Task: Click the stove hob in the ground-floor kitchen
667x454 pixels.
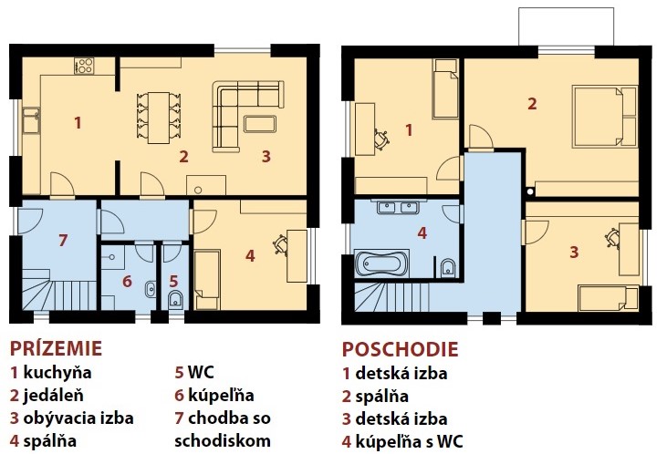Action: (84, 66)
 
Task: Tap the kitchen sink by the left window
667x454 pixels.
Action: (31, 120)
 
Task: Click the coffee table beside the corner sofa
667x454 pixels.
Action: (260, 124)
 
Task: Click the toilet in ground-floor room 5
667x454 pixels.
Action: (175, 299)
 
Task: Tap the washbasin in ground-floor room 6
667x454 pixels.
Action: (151, 289)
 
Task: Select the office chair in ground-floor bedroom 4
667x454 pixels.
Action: (281, 244)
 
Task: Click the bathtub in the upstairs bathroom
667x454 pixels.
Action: (381, 263)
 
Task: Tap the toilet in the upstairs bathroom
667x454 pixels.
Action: (448, 268)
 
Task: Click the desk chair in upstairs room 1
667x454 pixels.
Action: (381, 139)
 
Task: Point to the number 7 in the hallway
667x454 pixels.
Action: (63, 240)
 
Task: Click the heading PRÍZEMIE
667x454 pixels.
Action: (56, 347)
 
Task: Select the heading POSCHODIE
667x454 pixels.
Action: (401, 349)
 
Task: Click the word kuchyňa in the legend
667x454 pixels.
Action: (57, 372)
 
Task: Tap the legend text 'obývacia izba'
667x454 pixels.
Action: (78, 418)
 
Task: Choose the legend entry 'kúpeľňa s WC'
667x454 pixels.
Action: (409, 441)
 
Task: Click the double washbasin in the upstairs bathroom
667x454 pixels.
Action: (398, 208)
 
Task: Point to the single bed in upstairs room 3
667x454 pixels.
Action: (609, 298)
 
